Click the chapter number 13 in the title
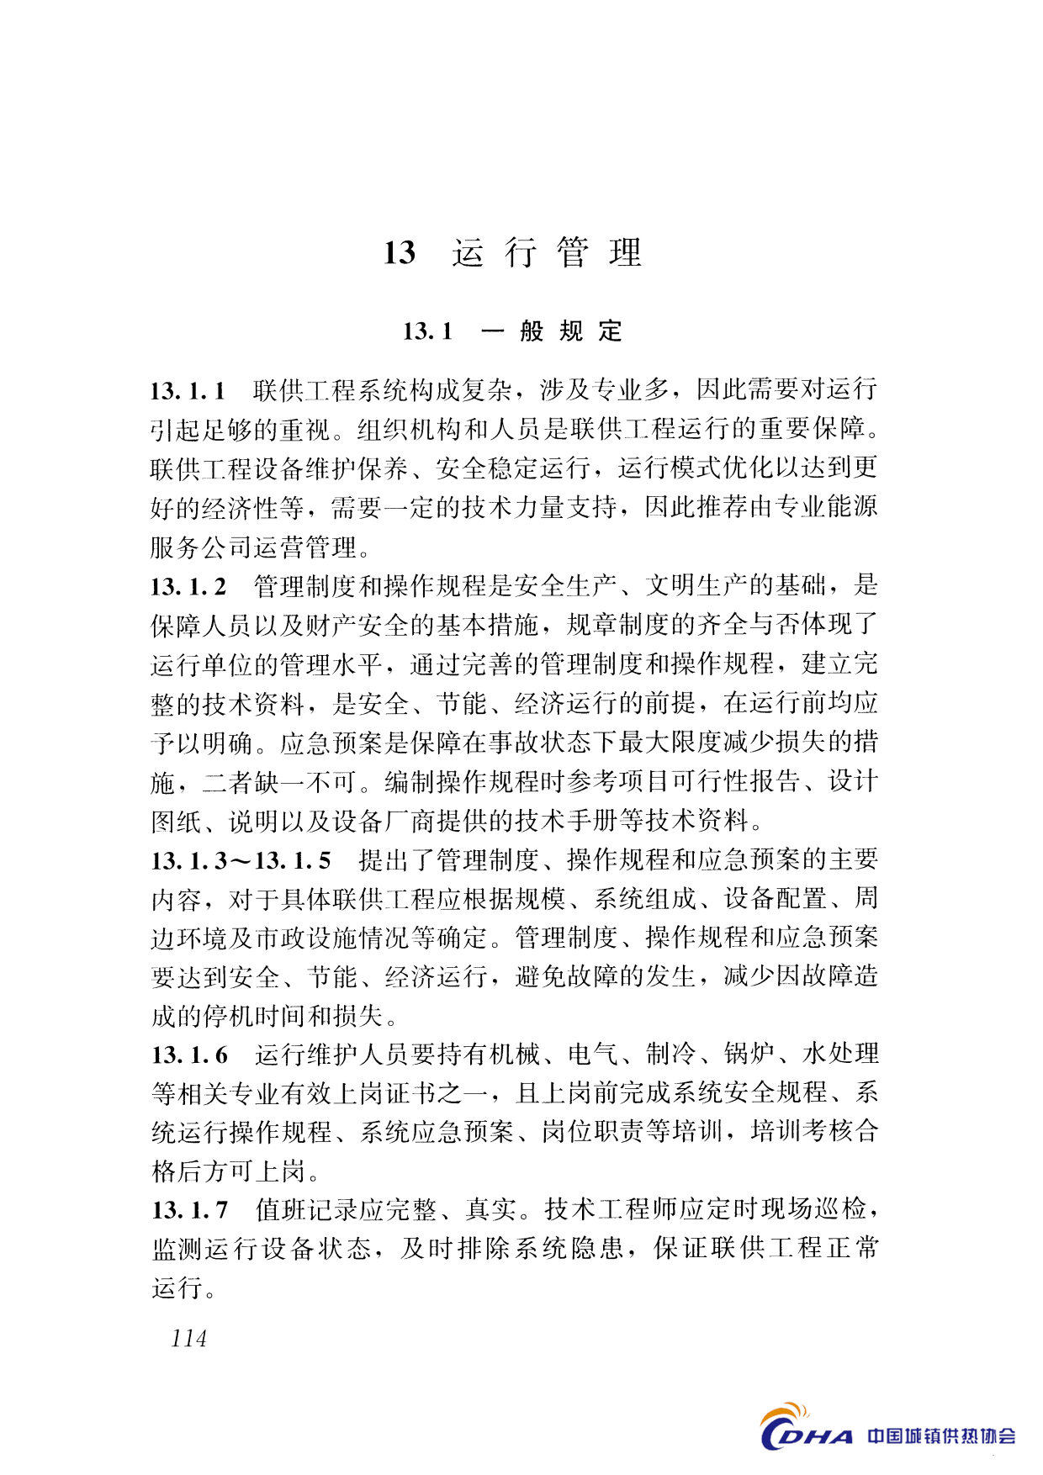[400, 252]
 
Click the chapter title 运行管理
[546, 252]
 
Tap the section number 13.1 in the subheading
[427, 331]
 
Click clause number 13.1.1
[188, 391]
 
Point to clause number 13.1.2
[188, 587]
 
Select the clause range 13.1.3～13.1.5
[241, 861]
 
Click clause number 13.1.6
[189, 1055]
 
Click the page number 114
[188, 1339]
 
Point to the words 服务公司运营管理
[254, 548]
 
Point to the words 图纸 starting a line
[177, 822]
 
